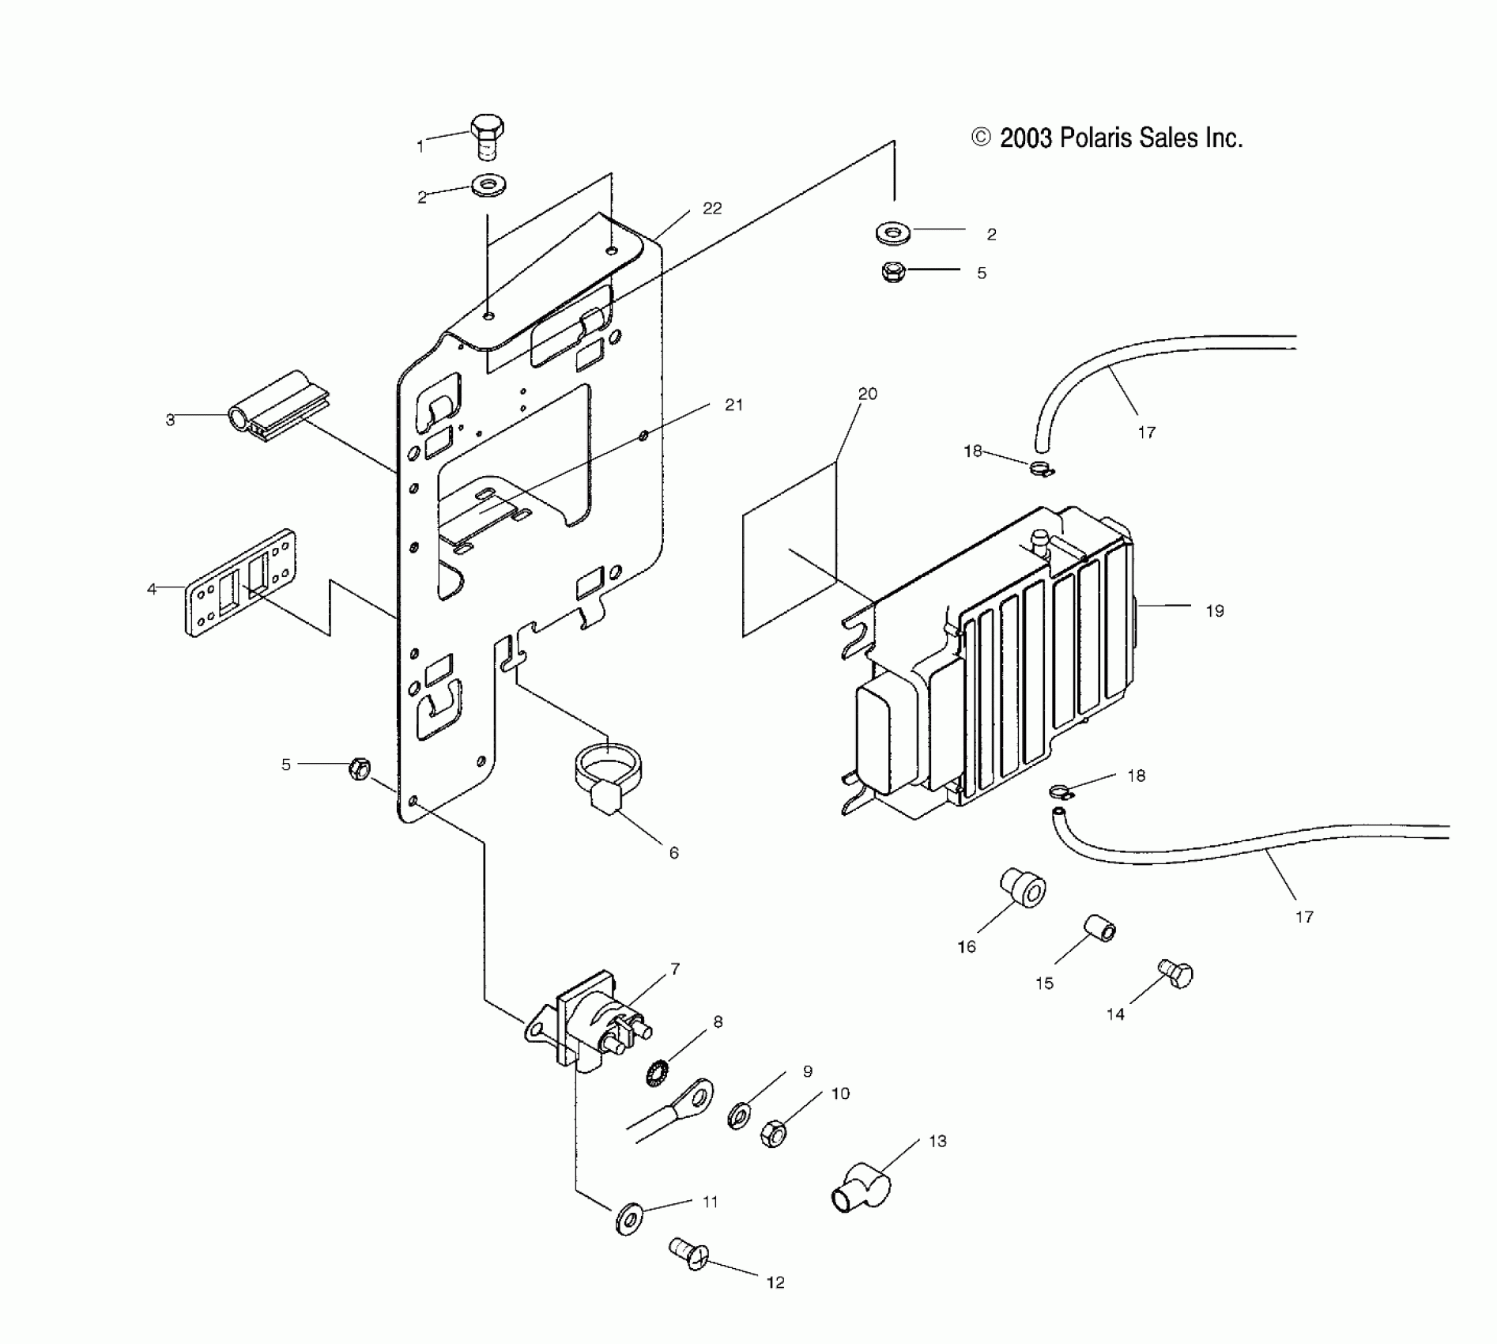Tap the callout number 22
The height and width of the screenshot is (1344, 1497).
712,209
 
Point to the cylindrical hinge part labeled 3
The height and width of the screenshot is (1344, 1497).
277,406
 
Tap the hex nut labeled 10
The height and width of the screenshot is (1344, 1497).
773,1134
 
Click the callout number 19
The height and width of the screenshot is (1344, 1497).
1215,610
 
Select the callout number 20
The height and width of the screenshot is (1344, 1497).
868,394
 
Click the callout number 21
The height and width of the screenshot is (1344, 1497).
733,405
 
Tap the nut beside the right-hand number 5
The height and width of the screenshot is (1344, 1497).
893,273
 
